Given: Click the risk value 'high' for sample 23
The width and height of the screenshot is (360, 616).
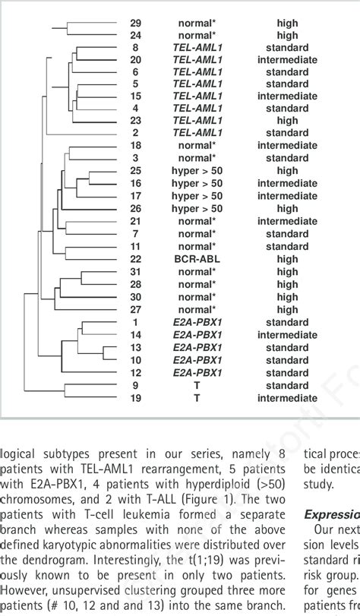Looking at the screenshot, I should [x=287, y=119].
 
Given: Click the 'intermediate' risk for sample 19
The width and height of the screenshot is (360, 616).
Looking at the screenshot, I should [x=287, y=397].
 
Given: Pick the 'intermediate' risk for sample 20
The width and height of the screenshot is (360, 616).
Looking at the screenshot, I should [x=287, y=59].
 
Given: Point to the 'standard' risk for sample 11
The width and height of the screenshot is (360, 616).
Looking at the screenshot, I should [x=287, y=246].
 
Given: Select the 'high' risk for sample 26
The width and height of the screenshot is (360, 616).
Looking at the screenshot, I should [x=287, y=208].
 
